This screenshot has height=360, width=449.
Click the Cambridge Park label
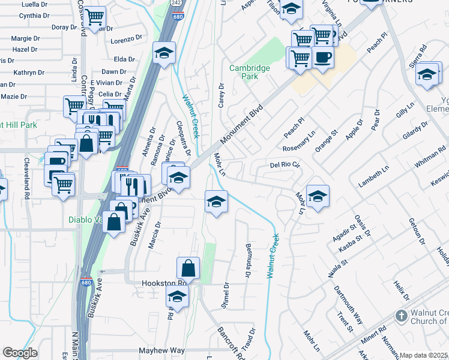pos(250,72)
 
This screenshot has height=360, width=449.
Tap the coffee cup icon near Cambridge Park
pos(323,58)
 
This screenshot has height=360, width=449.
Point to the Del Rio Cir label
pos(285,164)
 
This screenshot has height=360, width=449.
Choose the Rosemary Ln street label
pos(299,142)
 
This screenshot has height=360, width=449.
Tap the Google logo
pos(20,353)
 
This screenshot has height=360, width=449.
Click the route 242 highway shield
pos(176,3)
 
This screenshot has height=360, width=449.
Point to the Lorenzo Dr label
pos(125,41)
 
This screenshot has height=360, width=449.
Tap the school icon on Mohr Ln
pos(317,195)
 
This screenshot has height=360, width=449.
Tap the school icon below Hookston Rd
pos(177,296)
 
